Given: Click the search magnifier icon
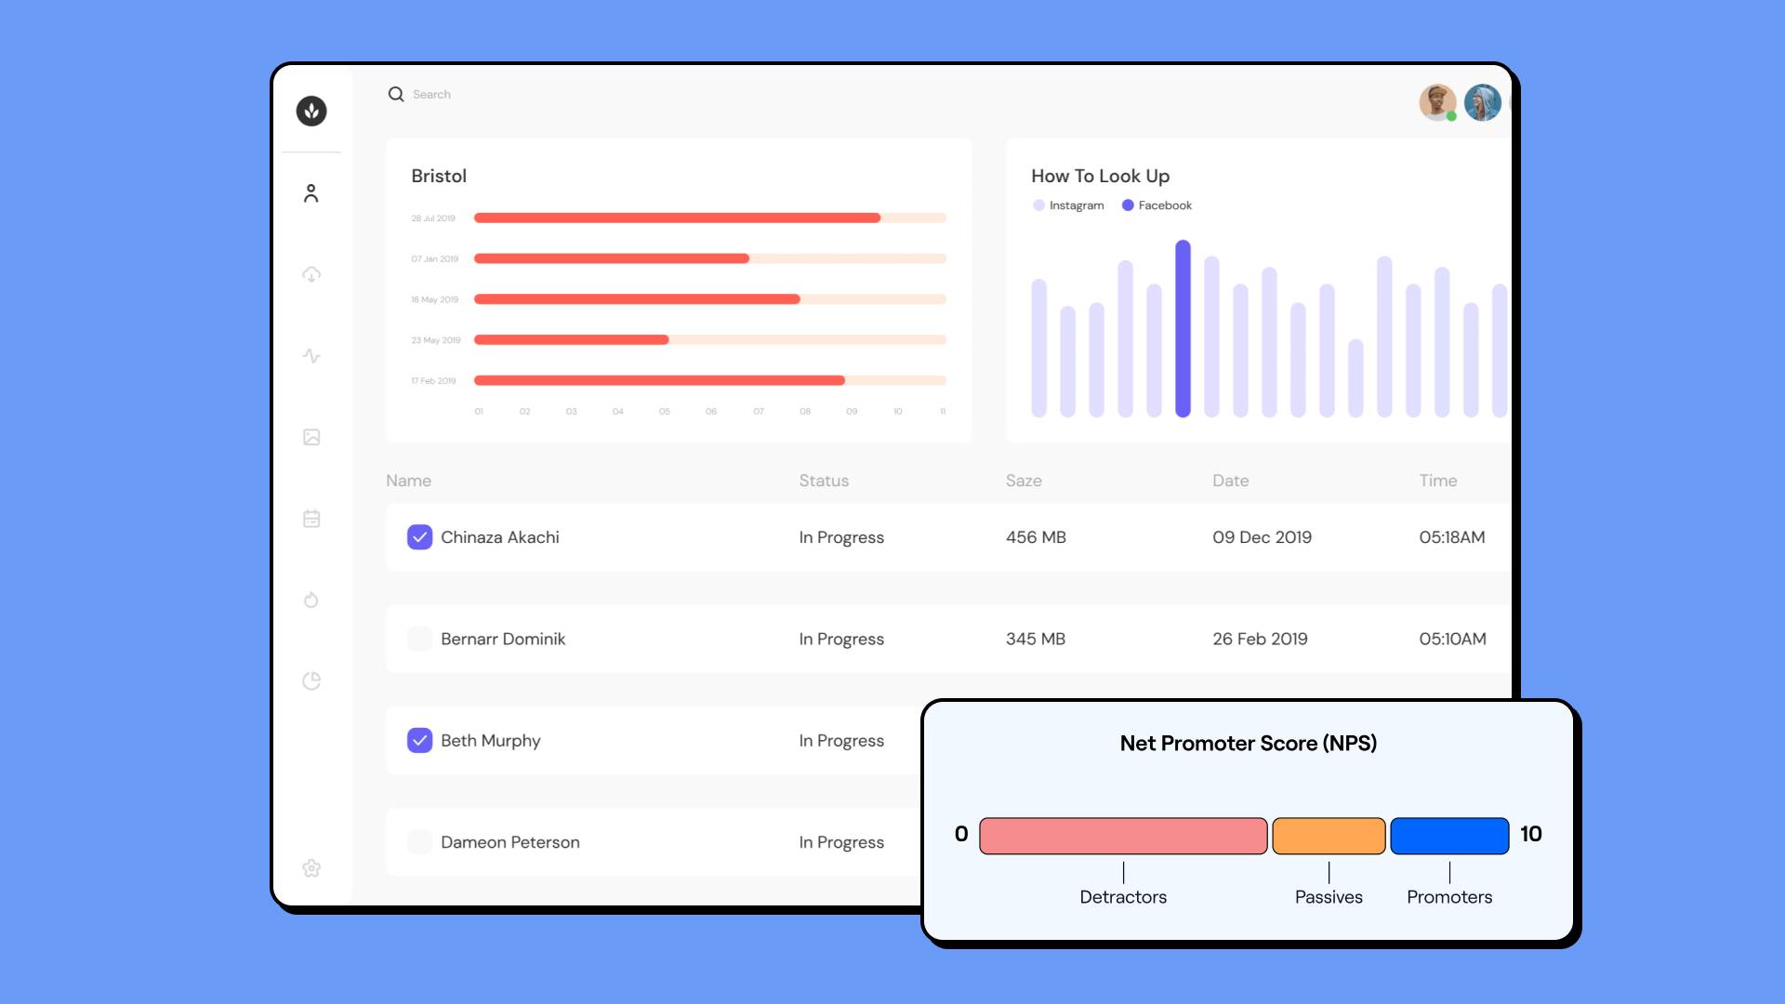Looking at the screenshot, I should tap(396, 94).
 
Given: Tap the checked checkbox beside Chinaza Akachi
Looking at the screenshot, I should tap(419, 537).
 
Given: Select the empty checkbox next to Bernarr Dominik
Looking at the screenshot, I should tap(419, 639).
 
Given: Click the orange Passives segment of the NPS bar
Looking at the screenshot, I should tap(1329, 836).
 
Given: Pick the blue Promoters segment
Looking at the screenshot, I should tap(1448, 836).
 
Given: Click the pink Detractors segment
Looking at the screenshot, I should tap(1123, 836).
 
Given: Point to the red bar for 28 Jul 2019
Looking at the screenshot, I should tap(677, 218).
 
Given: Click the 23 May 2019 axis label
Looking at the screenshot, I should tap(436, 340).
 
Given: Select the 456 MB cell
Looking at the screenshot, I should tap(1036, 537).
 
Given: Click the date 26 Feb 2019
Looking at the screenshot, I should tap(1260, 639).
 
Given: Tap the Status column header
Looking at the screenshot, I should tap(824, 481).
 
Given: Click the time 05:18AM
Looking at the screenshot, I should tap(1451, 537).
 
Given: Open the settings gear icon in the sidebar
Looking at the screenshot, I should tap(311, 868).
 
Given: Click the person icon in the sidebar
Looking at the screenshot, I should tap(311, 193).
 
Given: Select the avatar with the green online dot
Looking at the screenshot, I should tap(1436, 102).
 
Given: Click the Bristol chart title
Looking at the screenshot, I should tap(439, 176).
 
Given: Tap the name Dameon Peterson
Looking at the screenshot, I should tap(509, 842).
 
